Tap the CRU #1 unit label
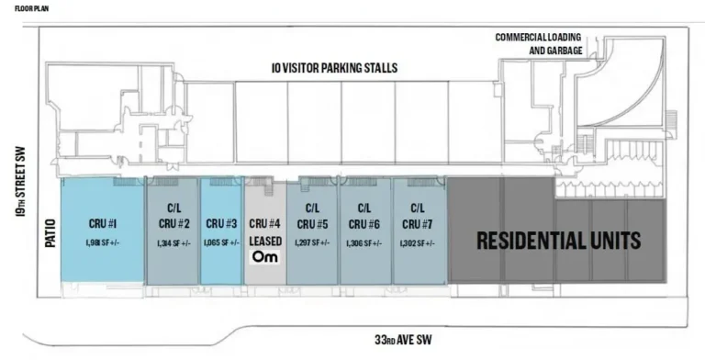[x=101, y=223]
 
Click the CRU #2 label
[x=173, y=223]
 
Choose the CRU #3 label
[x=221, y=223]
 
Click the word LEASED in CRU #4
[x=265, y=241]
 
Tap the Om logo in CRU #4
[x=264, y=257]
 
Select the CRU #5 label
[x=312, y=223]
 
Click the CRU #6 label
[x=364, y=223]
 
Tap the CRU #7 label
[x=418, y=223]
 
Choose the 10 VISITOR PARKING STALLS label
[x=343, y=67]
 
